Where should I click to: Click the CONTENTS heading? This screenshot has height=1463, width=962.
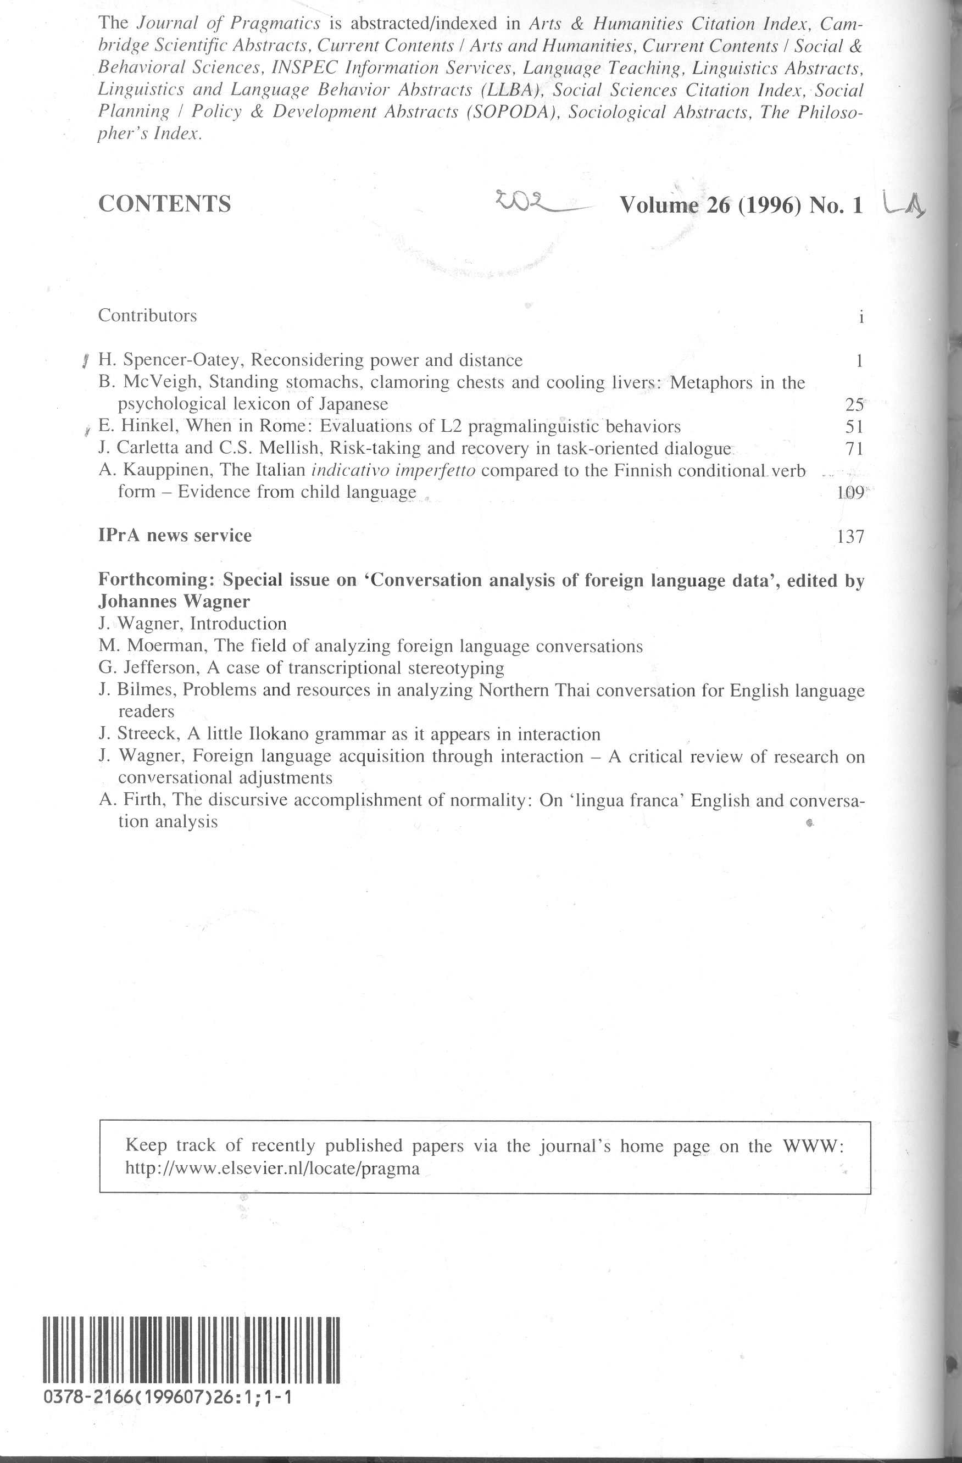pos(165,203)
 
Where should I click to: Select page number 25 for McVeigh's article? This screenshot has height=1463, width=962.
pos(854,404)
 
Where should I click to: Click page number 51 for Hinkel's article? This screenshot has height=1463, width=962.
pos(854,427)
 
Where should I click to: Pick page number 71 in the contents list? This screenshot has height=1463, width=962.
pos(854,449)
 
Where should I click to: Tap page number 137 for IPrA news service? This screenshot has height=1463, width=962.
pos(850,537)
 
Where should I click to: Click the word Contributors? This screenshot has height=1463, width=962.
pos(148,315)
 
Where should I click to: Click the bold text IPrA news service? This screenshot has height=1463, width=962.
pos(175,536)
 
